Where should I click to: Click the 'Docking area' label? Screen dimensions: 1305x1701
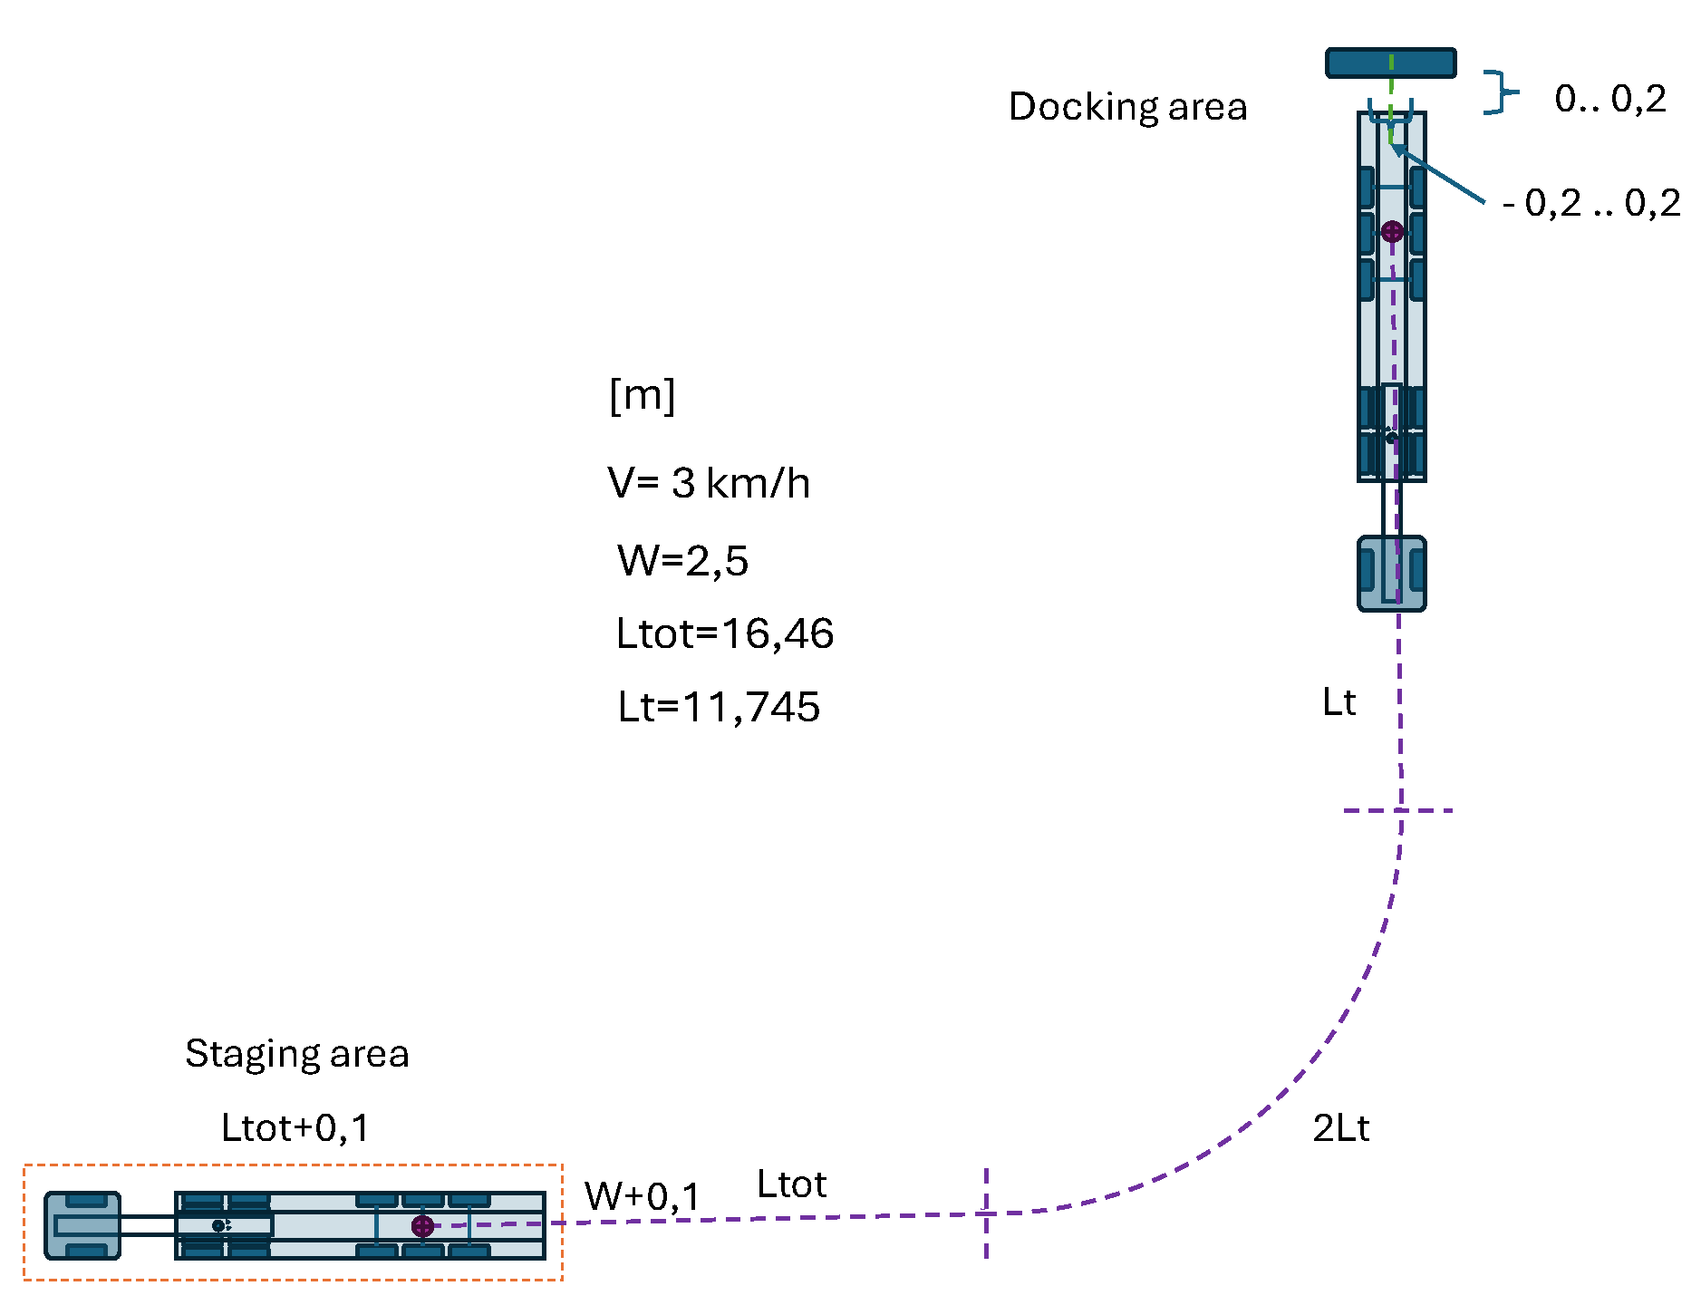pyautogui.click(x=1127, y=107)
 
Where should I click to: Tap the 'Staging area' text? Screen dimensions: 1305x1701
pyautogui.click(x=296, y=1054)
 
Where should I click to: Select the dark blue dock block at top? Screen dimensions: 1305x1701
pyautogui.click(x=1390, y=63)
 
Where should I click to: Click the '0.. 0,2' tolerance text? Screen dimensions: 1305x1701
pyautogui.click(x=1609, y=99)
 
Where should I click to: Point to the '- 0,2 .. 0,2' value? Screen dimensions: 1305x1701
pyautogui.click(x=1590, y=203)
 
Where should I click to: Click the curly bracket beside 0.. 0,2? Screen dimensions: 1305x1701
pyautogui.click(x=1500, y=92)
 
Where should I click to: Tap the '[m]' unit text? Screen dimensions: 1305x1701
pyautogui.click(x=642, y=395)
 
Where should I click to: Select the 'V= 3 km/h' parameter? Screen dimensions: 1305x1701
pyautogui.click(x=709, y=483)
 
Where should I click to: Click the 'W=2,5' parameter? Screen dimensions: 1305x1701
pyautogui.click(x=682, y=561)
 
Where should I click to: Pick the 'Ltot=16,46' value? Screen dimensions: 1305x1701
pyautogui.click(x=724, y=633)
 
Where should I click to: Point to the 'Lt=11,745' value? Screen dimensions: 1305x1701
pyautogui.click(x=718, y=707)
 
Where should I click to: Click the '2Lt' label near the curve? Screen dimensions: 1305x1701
pyautogui.click(x=1340, y=1128)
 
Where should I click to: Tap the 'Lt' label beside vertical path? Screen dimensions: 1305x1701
pyautogui.click(x=1339, y=702)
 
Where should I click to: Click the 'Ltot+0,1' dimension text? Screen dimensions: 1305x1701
pyautogui.click(x=295, y=1128)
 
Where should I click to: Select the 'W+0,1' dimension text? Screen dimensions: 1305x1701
pyautogui.click(x=642, y=1196)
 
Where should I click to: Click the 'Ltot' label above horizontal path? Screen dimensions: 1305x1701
pyautogui.click(x=791, y=1184)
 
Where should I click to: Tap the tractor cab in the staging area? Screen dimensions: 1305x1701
pyautogui.click(x=82, y=1225)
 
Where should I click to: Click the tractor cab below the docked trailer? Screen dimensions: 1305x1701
pyautogui.click(x=1391, y=574)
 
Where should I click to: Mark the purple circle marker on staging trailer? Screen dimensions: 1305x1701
pyautogui.click(x=422, y=1226)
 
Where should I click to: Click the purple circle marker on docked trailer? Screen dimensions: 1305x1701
pyautogui.click(x=1392, y=231)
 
